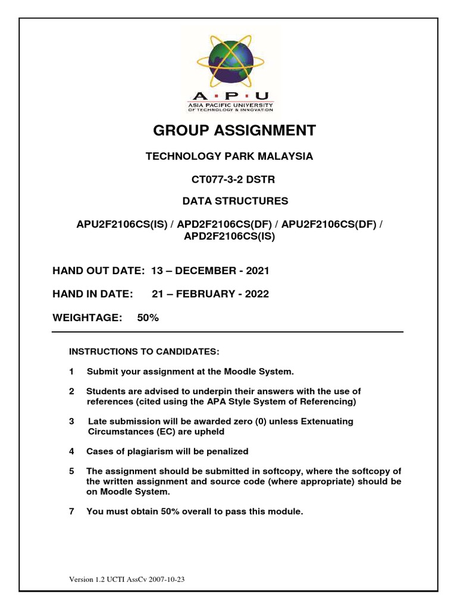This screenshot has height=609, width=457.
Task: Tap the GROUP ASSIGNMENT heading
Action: point(228,130)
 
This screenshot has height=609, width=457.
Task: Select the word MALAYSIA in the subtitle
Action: point(285,157)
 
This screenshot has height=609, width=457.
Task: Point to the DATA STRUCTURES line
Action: point(228,201)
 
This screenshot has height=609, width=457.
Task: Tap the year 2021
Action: point(258,271)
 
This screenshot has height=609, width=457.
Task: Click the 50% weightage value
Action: point(148,318)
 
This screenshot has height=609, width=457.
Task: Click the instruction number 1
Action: point(71,372)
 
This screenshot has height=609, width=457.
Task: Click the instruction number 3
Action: point(71,421)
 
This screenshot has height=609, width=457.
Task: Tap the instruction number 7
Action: point(71,511)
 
